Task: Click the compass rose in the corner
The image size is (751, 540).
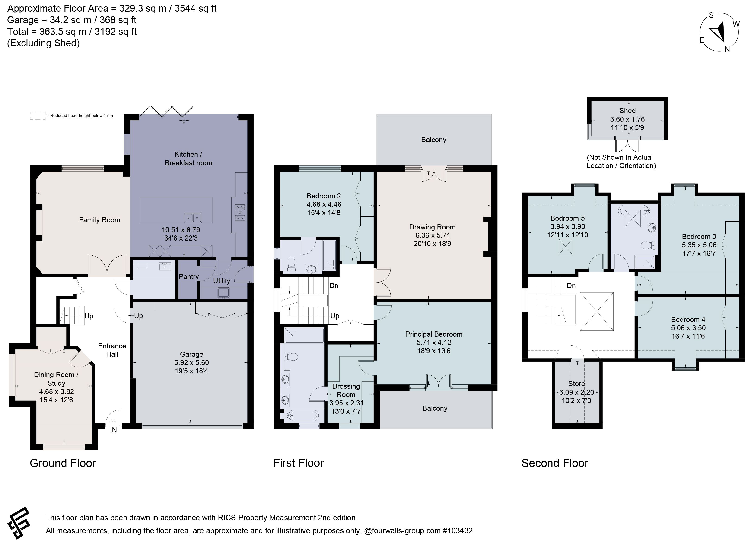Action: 719,32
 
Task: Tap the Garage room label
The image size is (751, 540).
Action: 191,354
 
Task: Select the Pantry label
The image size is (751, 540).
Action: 189,277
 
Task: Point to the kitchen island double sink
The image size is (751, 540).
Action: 193,218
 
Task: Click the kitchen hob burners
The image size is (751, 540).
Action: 240,213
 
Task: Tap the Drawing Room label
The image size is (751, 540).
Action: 432,227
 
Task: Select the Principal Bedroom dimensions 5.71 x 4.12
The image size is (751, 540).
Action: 434,342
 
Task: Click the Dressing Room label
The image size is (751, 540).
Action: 346,390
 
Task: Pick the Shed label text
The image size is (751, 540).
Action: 627,111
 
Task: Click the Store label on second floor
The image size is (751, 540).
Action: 576,384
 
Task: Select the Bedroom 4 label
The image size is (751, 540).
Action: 688,320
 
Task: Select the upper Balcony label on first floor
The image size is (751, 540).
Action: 433,140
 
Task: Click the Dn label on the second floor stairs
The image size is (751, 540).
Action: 571,286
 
